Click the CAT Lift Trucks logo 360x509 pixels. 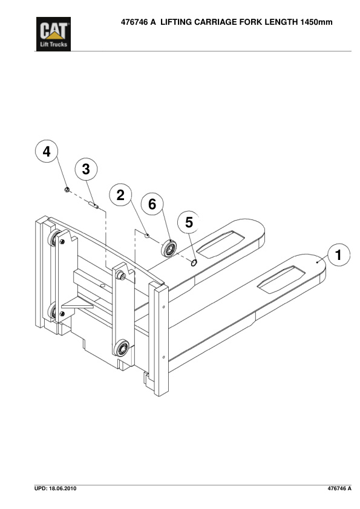click(53, 34)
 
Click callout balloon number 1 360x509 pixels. click(339, 255)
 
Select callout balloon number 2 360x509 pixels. click(120, 195)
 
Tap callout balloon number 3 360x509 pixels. click(86, 169)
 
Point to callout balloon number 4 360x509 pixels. click(47, 152)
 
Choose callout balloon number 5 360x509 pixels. click(189, 222)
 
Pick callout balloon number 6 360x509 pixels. click(152, 204)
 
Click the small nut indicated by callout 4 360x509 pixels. click(67, 190)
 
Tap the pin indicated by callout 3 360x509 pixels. click(94, 205)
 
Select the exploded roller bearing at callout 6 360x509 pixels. click(169, 248)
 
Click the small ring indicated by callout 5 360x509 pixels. click(194, 262)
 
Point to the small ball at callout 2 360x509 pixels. click(147, 236)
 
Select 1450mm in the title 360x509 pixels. click(316, 22)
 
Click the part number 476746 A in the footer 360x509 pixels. click(339, 488)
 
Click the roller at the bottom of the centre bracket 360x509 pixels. click(122, 348)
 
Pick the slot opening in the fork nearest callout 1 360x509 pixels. click(281, 279)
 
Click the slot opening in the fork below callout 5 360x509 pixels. click(221, 244)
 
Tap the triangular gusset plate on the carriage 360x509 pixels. click(78, 303)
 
